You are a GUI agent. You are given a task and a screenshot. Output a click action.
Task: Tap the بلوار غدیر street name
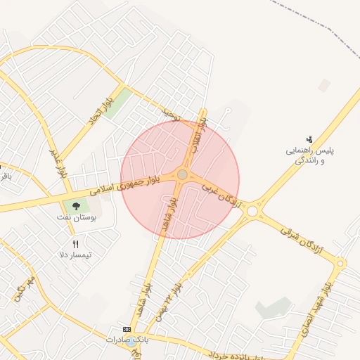(x=58, y=162)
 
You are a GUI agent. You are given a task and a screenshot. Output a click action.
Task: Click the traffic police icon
(x=309, y=139)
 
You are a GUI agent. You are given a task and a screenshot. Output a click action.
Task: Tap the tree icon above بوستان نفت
(x=76, y=205)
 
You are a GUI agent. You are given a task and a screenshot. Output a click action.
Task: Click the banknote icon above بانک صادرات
(x=127, y=329)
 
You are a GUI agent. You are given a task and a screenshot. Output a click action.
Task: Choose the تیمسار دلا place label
(x=75, y=255)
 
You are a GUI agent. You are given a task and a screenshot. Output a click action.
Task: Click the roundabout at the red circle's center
(x=182, y=174)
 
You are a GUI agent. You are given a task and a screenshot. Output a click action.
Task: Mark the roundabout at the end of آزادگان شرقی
(x=340, y=264)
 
